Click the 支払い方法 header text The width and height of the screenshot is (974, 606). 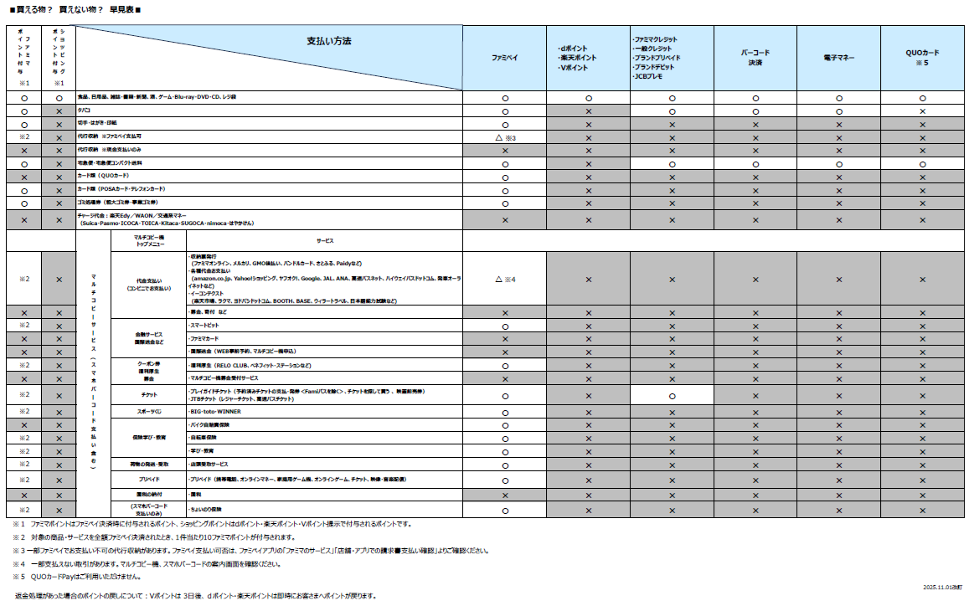pos(329,41)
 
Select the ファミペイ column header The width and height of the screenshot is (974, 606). pos(504,58)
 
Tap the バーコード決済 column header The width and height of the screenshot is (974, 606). pos(755,57)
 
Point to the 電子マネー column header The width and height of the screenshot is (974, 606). pos(838,58)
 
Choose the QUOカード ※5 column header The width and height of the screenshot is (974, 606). pos(922,57)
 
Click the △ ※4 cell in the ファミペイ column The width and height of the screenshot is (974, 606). pos(505,279)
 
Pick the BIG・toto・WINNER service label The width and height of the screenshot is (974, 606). pos(216,412)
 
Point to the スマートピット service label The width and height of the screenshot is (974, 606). pos(206,326)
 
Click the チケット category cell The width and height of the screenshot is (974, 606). pos(150,394)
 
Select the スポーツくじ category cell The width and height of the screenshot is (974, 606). pos(150,412)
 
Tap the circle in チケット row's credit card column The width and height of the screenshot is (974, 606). pos(672,395)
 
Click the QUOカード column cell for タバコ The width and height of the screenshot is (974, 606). pos(922,111)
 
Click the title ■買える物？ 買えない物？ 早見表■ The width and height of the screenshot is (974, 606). pos(75,9)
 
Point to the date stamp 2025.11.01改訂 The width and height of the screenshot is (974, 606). pos(942,588)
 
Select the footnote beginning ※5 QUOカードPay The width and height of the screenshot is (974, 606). pos(75,577)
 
